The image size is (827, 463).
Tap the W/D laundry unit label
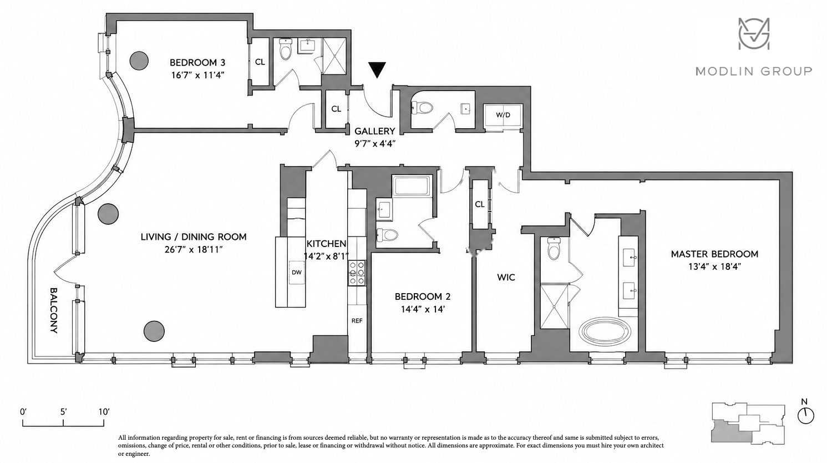(x=503, y=115)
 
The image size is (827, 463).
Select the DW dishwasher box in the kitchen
(x=296, y=273)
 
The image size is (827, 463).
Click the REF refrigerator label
(x=357, y=321)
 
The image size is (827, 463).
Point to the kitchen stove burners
(x=357, y=273)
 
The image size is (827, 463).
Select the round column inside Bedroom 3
(x=139, y=60)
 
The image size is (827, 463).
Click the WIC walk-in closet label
(x=506, y=278)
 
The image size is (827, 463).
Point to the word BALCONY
(x=54, y=310)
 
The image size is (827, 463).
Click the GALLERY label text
(x=375, y=131)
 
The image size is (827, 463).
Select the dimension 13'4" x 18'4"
(x=715, y=266)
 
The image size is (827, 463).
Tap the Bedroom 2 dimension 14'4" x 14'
(x=423, y=309)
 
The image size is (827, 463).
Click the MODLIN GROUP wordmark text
(x=754, y=71)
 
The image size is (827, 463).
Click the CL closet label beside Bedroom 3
(x=260, y=62)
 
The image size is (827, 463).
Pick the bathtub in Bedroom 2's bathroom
(x=412, y=186)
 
